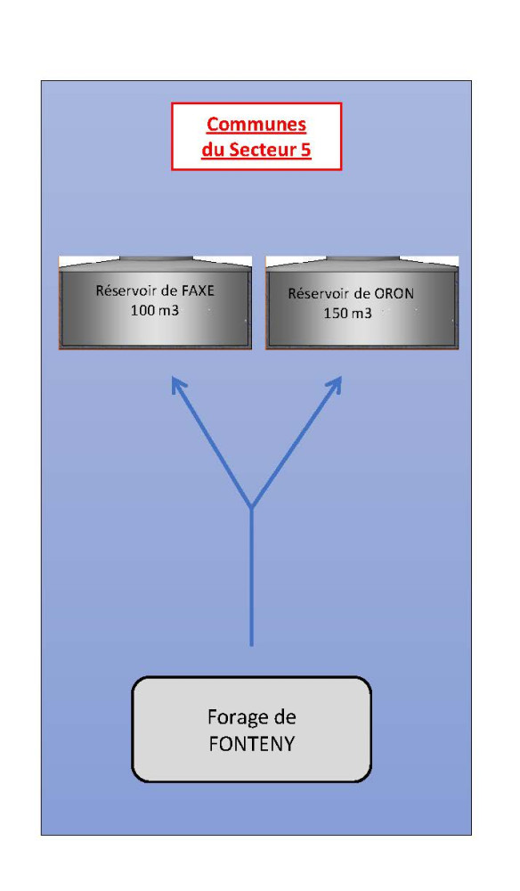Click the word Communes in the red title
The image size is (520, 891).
click(x=256, y=124)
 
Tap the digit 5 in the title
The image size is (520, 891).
click(x=306, y=150)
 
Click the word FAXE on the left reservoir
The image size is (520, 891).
click(x=198, y=290)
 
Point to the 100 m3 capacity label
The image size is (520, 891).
click(x=154, y=311)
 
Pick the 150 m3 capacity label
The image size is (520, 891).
click(x=347, y=313)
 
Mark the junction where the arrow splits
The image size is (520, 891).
click(x=251, y=508)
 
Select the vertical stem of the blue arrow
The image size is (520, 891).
click(x=251, y=576)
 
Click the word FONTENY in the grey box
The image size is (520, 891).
click(x=251, y=744)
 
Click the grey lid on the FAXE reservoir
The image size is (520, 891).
click(x=156, y=258)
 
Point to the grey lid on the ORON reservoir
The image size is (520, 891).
click(x=362, y=258)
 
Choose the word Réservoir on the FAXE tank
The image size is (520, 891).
click(x=123, y=290)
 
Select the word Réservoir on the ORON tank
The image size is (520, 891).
click(x=315, y=294)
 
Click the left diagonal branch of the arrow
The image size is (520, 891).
click(x=212, y=442)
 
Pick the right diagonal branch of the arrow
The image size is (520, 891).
click(x=296, y=442)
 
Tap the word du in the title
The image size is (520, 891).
click(x=213, y=150)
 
